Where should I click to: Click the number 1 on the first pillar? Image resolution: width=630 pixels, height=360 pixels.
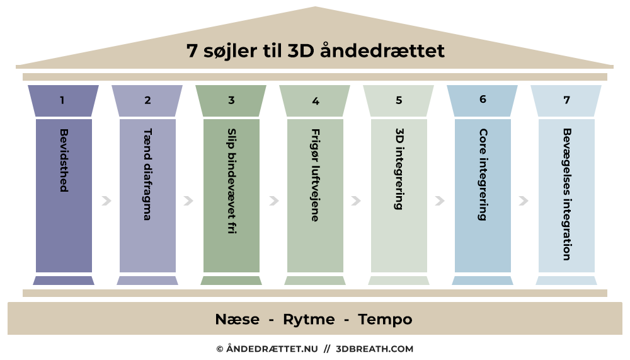(62, 100)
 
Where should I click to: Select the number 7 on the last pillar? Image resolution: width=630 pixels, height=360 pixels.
(566, 100)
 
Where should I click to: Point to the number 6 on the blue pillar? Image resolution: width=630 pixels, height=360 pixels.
(483, 99)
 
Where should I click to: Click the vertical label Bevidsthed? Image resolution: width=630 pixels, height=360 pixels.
(64, 160)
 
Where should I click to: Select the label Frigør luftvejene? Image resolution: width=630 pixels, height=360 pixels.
(315, 175)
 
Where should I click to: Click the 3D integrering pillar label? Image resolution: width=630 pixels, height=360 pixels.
(399, 169)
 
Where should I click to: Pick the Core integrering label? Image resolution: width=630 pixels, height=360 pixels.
(483, 175)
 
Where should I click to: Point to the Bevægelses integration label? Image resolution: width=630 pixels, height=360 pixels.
(566, 195)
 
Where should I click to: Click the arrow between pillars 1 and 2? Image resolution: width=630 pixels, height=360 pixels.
(106, 201)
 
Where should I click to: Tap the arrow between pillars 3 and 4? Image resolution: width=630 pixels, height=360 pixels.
(273, 201)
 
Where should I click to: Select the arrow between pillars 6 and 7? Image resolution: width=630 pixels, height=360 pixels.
(523, 201)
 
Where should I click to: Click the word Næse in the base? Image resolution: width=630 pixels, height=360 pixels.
(237, 320)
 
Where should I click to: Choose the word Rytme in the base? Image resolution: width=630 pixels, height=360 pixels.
(309, 320)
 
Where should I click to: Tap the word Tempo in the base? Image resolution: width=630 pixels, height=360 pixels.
(385, 320)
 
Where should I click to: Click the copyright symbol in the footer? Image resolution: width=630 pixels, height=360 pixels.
(220, 349)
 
